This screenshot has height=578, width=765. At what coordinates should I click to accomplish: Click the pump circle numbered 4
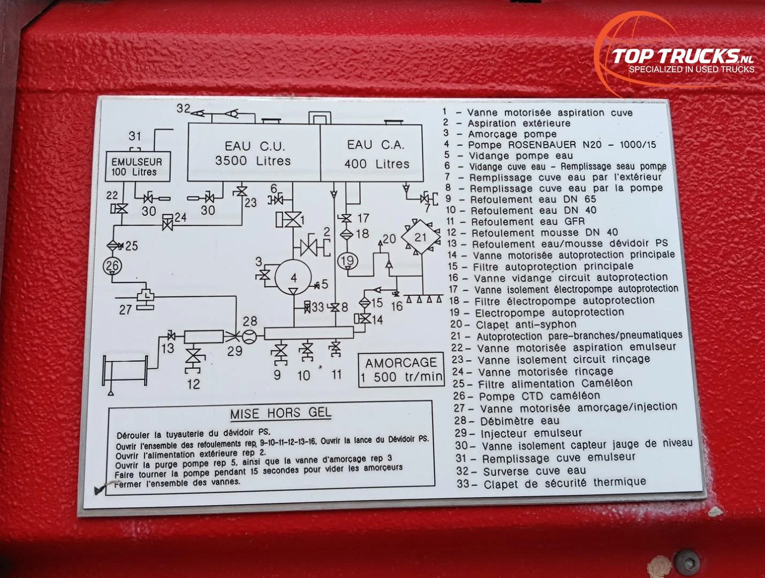coord(293,277)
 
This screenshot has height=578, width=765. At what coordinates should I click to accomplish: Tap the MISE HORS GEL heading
coord(281,413)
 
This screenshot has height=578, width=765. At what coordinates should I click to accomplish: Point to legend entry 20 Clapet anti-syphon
coord(513,325)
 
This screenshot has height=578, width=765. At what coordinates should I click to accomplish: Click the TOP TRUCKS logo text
coord(683,56)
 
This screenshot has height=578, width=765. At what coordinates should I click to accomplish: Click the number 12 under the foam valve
coord(193,384)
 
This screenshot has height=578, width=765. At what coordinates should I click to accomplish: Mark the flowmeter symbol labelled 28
coord(249,337)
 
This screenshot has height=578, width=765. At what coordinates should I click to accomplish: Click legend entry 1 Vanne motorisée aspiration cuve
coord(537,112)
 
